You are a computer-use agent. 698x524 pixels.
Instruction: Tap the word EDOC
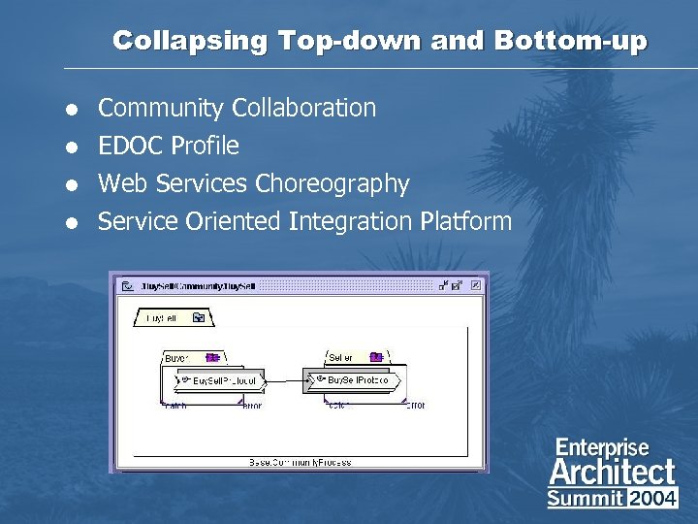[x=132, y=146]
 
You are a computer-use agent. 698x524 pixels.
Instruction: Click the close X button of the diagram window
[x=475, y=286]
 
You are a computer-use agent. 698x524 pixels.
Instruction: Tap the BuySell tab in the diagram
[x=166, y=317]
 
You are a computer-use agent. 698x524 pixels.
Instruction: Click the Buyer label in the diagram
[x=177, y=358]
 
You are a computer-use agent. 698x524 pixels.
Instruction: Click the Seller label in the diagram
[x=341, y=358]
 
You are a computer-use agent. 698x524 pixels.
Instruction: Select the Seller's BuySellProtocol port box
[x=350, y=380]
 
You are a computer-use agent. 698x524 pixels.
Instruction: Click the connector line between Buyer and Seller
[x=284, y=380]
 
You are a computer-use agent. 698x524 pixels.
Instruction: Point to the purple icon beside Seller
[x=376, y=357]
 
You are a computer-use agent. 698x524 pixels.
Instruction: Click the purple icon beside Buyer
[x=211, y=357]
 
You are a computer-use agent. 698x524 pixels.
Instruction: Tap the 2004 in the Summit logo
[x=653, y=499]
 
